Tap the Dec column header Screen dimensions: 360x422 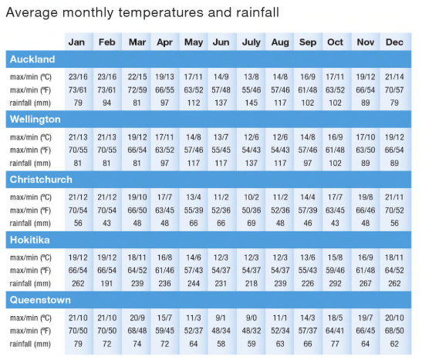coord(394,42)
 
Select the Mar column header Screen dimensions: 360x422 coord(137,42)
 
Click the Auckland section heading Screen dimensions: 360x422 coord(32,59)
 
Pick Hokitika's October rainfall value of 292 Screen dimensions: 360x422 coord(336,282)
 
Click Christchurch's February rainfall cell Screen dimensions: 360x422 coord(107,223)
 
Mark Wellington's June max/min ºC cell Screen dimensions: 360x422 coord(221,136)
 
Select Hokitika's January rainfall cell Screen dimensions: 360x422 coord(78,282)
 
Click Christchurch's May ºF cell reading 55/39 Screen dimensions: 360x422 coord(193,210)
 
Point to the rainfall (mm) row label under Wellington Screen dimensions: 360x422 coord(35,163)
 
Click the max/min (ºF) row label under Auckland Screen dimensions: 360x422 coord(35,90)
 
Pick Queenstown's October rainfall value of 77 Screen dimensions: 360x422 coord(336,342)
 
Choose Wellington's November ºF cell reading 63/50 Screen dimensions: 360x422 coord(365,150)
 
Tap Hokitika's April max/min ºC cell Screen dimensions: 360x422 coord(165,256)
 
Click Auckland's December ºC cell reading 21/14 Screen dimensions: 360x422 coord(394,77)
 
